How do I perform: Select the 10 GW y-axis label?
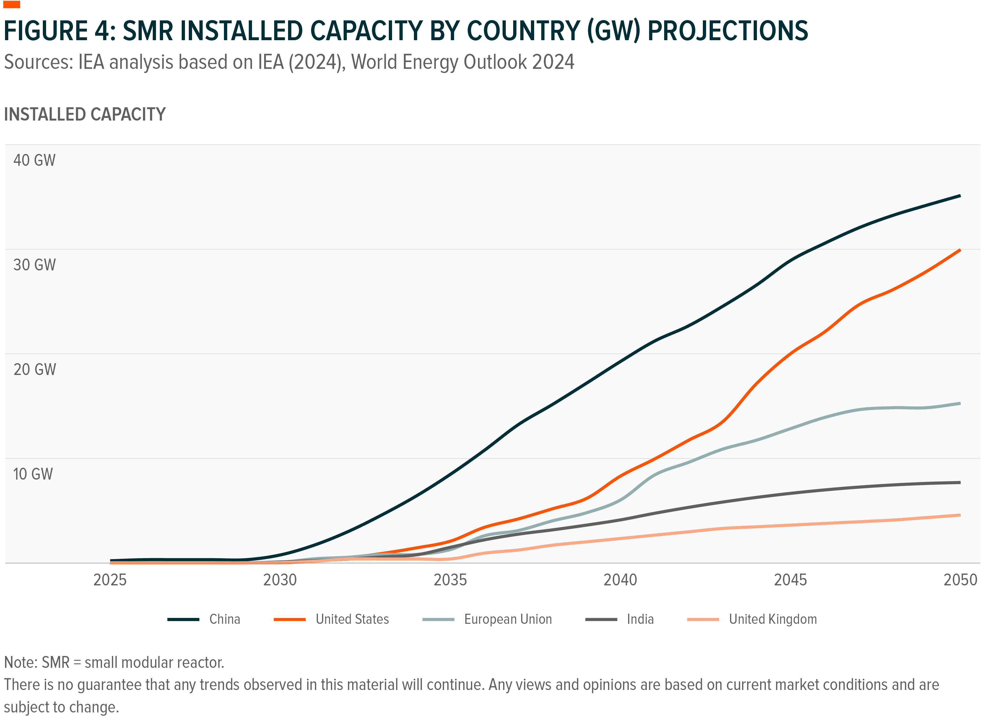click(x=33, y=474)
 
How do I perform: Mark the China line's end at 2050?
click(x=959, y=196)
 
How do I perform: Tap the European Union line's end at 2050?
click(x=959, y=403)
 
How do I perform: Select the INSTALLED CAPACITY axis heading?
click(x=85, y=114)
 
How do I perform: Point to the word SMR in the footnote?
click(x=56, y=662)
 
